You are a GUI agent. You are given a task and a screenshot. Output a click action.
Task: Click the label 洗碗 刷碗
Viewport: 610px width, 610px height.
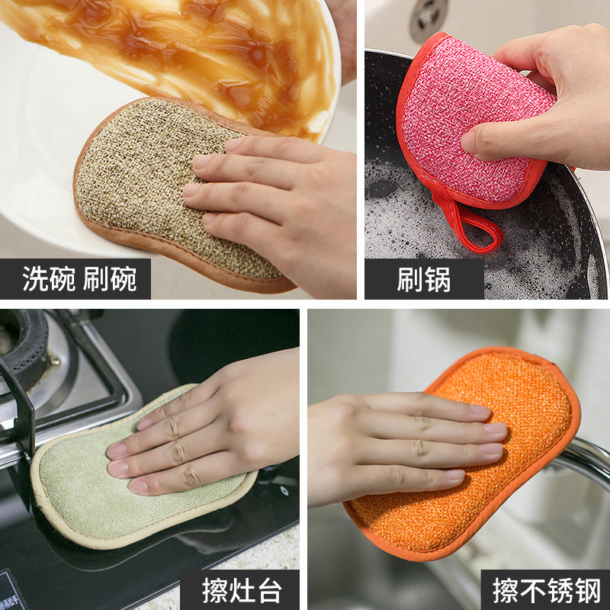click(x=79, y=278)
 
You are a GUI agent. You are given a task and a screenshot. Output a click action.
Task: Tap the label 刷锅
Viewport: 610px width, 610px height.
click(x=424, y=279)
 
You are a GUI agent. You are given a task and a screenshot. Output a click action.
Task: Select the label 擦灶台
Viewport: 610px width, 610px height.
click(x=242, y=590)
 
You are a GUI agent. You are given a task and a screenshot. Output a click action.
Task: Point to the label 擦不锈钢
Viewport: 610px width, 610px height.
click(x=546, y=590)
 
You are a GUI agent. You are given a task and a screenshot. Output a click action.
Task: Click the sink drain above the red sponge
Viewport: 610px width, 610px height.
click(x=429, y=21)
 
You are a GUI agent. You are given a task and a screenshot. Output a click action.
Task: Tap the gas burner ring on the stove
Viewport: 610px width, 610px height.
click(x=24, y=350)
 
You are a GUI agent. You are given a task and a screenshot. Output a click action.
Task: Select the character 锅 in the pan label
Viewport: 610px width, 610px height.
click(x=438, y=279)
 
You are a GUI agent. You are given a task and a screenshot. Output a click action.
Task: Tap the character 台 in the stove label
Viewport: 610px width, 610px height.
click(x=269, y=590)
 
